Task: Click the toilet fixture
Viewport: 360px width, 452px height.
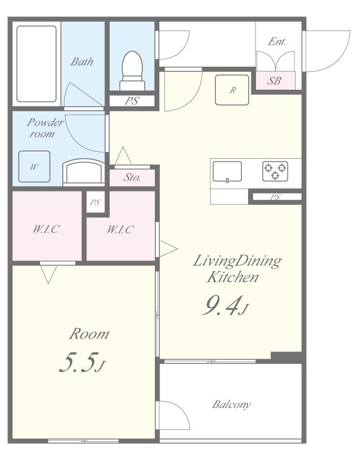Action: [132, 71]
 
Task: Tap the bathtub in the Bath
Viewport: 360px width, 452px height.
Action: [36, 64]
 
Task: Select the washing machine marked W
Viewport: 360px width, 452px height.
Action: [34, 167]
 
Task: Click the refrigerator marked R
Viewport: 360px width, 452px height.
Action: [232, 90]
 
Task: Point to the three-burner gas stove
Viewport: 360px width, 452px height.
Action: [275, 171]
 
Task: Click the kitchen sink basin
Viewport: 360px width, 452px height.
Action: [227, 171]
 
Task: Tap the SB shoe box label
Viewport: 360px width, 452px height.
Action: [274, 81]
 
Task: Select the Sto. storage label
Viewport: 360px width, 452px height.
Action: [132, 177]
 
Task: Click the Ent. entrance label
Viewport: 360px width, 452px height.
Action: [277, 42]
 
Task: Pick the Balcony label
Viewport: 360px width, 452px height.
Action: [232, 405]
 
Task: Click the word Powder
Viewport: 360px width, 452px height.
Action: [45, 123]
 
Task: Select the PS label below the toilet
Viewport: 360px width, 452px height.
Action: [132, 101]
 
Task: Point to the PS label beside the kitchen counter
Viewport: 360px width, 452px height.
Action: [275, 197]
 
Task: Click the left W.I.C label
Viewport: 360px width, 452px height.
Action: [46, 229]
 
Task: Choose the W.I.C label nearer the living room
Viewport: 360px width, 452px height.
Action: [120, 230]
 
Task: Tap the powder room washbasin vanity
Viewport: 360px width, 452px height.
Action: [83, 172]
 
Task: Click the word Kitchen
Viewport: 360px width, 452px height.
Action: [233, 277]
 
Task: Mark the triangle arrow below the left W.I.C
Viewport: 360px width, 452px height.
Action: [49, 275]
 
